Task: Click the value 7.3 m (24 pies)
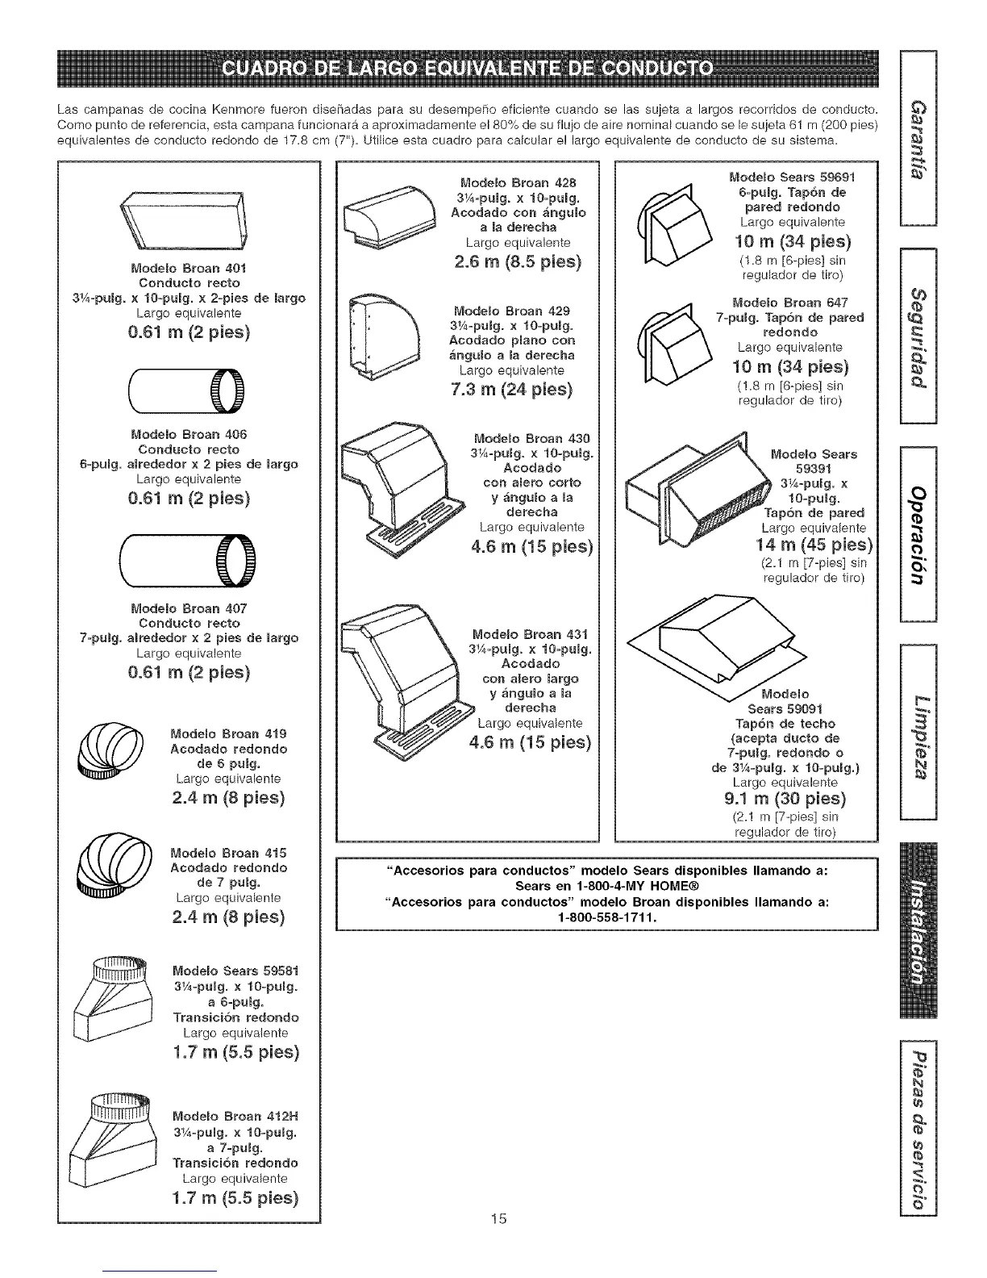[510, 390]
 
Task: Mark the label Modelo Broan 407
[189, 608]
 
